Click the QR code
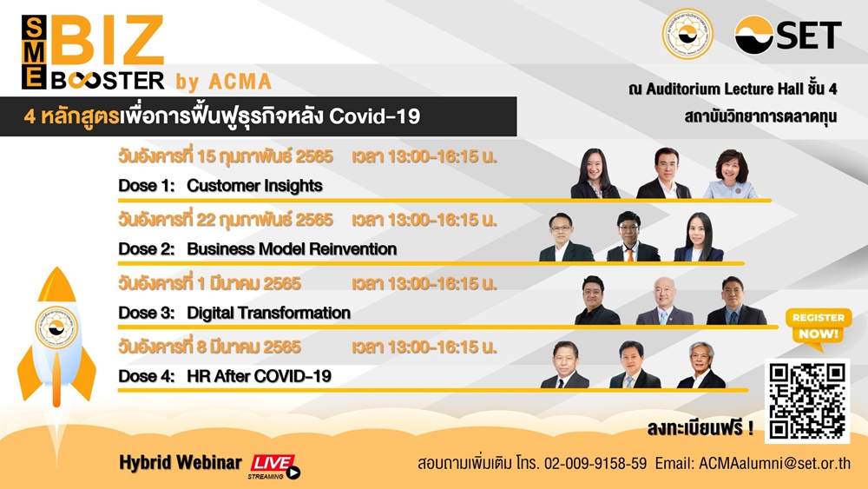pyautogui.click(x=807, y=401)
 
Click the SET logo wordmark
pyautogui.click(x=788, y=35)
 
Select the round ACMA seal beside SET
pyautogui.click(x=687, y=35)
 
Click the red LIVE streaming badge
pyautogui.click(x=274, y=466)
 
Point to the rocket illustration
pyautogui.click(x=56, y=343)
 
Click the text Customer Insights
pyautogui.click(x=254, y=186)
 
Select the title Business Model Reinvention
pyautogui.click(x=292, y=249)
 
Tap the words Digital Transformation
pyautogui.click(x=268, y=313)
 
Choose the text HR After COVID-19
pyautogui.click(x=259, y=377)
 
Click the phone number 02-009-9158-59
pyautogui.click(x=595, y=463)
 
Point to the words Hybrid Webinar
pyautogui.click(x=181, y=462)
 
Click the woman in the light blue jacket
pyautogui.click(x=731, y=174)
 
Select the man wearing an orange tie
pyautogui.click(x=632, y=236)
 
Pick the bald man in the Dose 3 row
pyautogui.click(x=664, y=301)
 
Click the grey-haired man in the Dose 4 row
pyautogui.click(x=700, y=365)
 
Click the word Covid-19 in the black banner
pyautogui.click(x=375, y=116)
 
